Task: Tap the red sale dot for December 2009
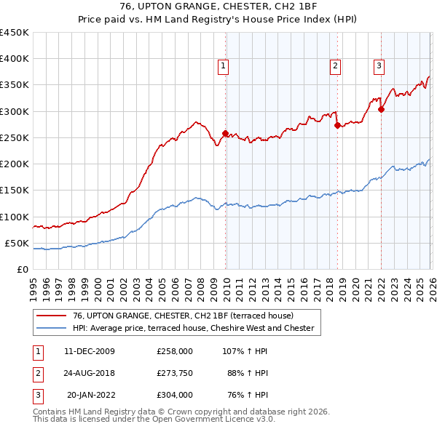[225, 133]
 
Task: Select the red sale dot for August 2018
[337, 125]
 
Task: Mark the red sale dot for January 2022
[382, 109]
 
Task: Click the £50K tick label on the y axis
[17, 243]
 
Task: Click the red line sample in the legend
[52, 316]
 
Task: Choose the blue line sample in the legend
[52, 329]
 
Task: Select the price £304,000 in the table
[175, 396]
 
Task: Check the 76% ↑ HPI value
[248, 396]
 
